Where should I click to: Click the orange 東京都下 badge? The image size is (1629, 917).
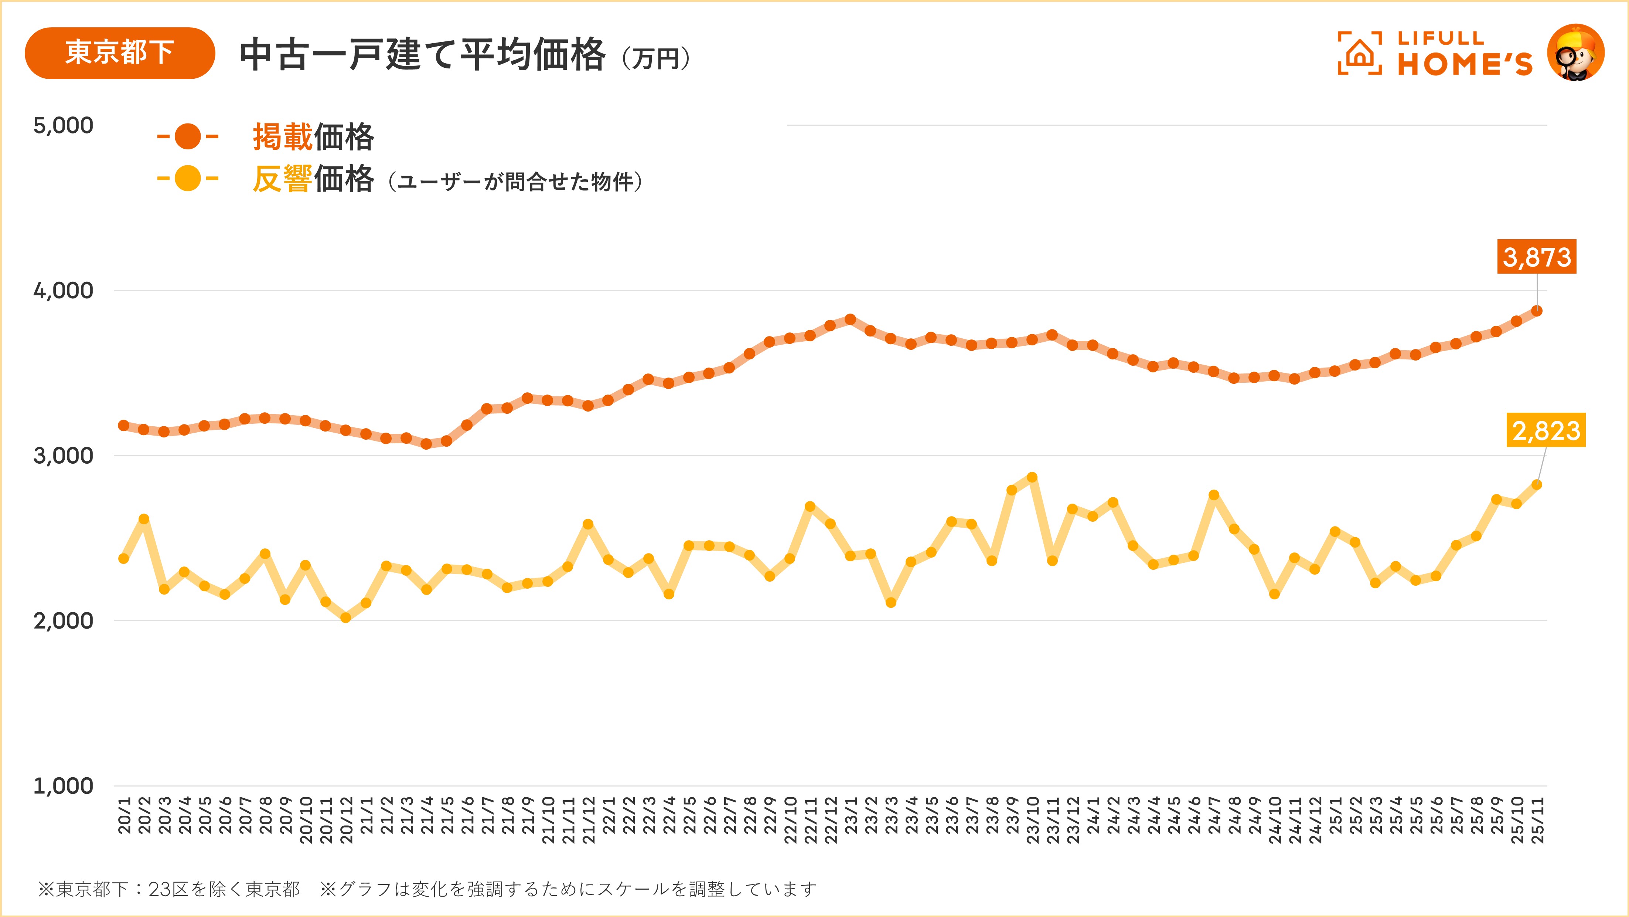click(119, 53)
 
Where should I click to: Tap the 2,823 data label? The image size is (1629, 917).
click(1545, 430)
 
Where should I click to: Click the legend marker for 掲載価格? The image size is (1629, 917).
click(188, 136)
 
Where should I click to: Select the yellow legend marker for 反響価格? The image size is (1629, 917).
click(188, 179)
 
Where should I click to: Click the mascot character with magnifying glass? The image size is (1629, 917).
click(1575, 53)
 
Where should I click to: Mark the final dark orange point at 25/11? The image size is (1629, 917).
click(1537, 311)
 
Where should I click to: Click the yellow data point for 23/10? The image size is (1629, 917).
click(1032, 477)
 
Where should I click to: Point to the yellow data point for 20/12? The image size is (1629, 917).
click(346, 617)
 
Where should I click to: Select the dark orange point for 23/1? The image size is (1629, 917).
click(851, 319)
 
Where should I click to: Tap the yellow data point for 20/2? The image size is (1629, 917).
click(144, 519)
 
